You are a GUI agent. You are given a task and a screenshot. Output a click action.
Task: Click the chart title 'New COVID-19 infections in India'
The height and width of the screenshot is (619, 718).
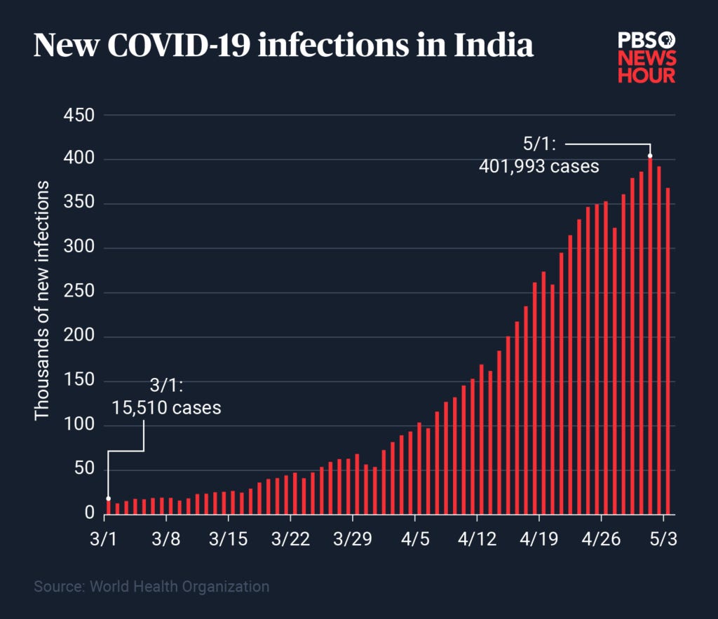pos(283,46)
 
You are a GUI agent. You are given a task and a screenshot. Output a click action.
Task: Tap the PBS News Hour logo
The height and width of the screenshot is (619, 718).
pos(646,57)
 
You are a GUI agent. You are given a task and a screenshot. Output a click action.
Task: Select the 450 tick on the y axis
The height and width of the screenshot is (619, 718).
pos(79,115)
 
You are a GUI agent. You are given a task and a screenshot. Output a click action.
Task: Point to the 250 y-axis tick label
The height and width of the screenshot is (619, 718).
pos(79,293)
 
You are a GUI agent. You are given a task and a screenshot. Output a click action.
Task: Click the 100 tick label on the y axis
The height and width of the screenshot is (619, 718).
pos(79,426)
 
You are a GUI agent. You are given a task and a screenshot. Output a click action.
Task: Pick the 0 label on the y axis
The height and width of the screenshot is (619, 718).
pos(89,515)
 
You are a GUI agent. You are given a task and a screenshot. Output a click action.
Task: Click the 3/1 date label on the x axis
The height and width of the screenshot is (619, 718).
pos(104,539)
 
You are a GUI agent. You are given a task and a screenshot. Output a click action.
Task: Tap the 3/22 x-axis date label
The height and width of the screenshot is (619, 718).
pos(290,539)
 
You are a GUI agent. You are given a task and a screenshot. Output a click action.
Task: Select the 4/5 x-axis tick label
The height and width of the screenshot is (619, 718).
pos(414,539)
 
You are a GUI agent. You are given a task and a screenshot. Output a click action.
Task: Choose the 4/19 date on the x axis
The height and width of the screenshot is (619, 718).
pos(538,539)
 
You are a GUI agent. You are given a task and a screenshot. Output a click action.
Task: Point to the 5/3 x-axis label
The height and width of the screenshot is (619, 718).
pos(663,539)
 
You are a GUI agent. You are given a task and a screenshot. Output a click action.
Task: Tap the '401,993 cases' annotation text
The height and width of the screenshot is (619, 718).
pos(539,167)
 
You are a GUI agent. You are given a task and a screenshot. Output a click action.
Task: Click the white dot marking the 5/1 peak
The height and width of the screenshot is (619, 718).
pos(650,156)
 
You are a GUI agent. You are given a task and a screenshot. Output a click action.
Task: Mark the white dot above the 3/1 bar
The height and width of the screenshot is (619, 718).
pos(108,498)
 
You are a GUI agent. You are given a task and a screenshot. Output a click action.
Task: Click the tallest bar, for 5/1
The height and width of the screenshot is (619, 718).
pos(650,336)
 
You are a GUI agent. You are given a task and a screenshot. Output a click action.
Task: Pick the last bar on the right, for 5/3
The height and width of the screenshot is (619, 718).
pos(668,351)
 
